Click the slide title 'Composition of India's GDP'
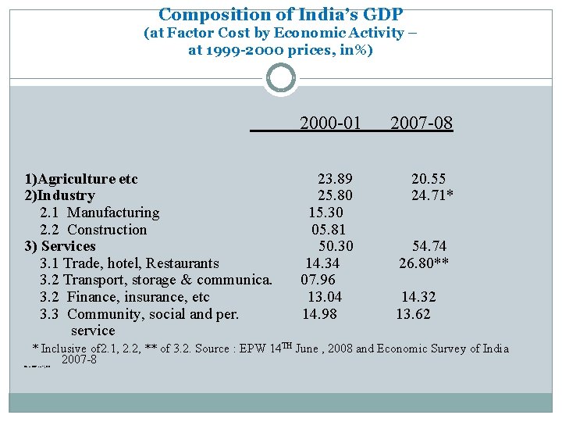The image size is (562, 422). (x=280, y=14)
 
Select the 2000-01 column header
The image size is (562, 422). (x=330, y=123)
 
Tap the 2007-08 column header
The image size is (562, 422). (x=421, y=123)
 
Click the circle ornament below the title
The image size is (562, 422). (x=281, y=78)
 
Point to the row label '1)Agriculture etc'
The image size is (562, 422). (x=81, y=179)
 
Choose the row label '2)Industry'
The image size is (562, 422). (x=60, y=195)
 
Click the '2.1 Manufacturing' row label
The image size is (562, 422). (x=99, y=213)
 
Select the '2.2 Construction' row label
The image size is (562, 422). (x=93, y=230)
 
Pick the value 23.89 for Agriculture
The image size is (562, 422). (x=334, y=179)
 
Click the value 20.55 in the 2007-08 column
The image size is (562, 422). (x=429, y=179)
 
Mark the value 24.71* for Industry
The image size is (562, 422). (x=433, y=195)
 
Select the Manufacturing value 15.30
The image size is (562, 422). (x=325, y=213)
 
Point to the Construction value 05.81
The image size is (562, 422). (x=327, y=230)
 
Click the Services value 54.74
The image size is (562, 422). (x=429, y=246)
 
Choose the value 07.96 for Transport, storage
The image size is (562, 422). (x=318, y=280)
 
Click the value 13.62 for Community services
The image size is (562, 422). (x=413, y=314)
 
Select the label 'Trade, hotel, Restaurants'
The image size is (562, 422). (x=140, y=263)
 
